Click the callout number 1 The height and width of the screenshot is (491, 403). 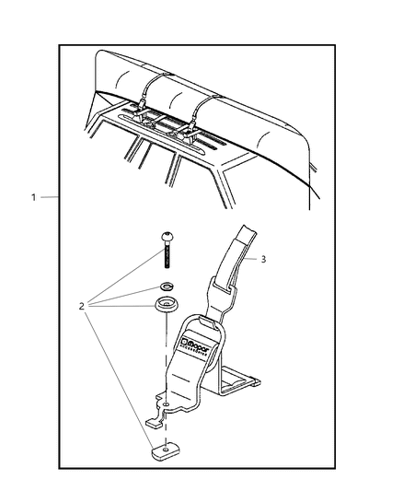click(x=34, y=197)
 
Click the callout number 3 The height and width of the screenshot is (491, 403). click(x=263, y=260)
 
